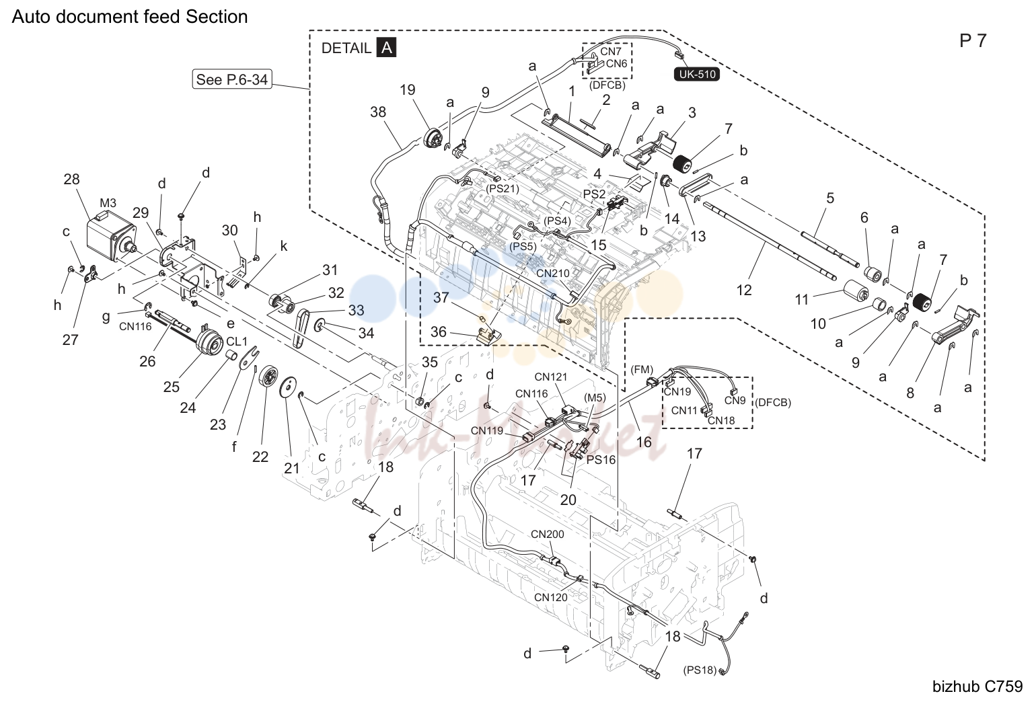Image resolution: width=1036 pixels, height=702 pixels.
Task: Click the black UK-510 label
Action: point(696,75)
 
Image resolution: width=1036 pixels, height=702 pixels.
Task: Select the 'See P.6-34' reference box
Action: point(231,79)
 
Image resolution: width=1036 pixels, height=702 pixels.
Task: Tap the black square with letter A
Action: point(386,48)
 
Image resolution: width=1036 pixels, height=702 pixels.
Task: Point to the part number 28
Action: point(72,179)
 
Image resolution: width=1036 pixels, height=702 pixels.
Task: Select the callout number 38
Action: point(378,112)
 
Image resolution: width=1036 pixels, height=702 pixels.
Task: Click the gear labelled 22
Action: point(268,379)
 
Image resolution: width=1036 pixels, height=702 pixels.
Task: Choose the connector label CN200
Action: point(547,535)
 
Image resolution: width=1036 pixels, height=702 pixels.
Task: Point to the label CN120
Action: point(550,597)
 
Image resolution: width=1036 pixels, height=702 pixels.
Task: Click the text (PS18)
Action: point(700,670)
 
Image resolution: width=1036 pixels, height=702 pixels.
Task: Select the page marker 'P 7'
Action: point(973,40)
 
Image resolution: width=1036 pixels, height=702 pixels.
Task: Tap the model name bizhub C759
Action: point(977,687)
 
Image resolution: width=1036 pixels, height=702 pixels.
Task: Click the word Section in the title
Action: point(217,17)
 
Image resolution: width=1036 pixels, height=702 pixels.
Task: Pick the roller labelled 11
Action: point(856,290)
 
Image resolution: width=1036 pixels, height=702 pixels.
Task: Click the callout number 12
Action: point(744,290)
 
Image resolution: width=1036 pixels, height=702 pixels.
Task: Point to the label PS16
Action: point(601,460)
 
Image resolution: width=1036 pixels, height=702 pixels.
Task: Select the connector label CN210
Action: point(553,273)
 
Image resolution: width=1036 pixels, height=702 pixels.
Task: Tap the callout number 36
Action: point(439,331)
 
